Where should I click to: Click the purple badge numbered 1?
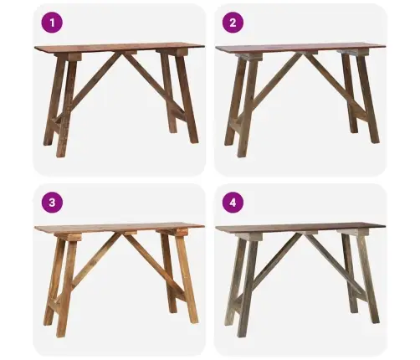pyautogui.click(x=52, y=23)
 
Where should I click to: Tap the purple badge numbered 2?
pyautogui.click(x=233, y=23)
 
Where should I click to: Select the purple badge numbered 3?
pyautogui.click(x=52, y=203)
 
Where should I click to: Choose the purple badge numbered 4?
pyautogui.click(x=233, y=203)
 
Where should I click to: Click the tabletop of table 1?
pyautogui.click(x=120, y=47)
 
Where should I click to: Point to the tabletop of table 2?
pyautogui.click(x=300, y=48)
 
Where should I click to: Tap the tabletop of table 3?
pyautogui.click(x=120, y=227)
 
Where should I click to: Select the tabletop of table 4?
pyautogui.click(x=300, y=228)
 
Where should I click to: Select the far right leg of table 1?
pyautogui.click(x=187, y=98)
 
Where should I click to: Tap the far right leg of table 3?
pyautogui.click(x=187, y=279)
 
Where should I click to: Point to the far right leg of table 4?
pyautogui.click(x=368, y=278)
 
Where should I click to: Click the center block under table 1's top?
pyautogui.click(x=131, y=52)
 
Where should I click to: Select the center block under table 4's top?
pyautogui.click(x=311, y=233)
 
